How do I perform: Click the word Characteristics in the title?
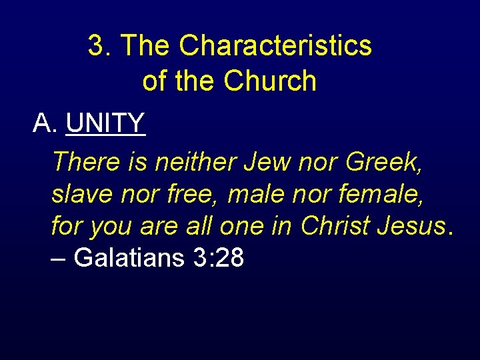[x=275, y=46]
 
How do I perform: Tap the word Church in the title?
[x=270, y=81]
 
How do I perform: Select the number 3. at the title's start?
[x=100, y=46]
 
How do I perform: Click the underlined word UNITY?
[x=106, y=123]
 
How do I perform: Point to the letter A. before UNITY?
[x=45, y=123]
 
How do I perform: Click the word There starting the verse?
[x=86, y=161]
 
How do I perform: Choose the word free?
[x=198, y=194]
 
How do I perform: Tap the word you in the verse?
[x=111, y=226]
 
